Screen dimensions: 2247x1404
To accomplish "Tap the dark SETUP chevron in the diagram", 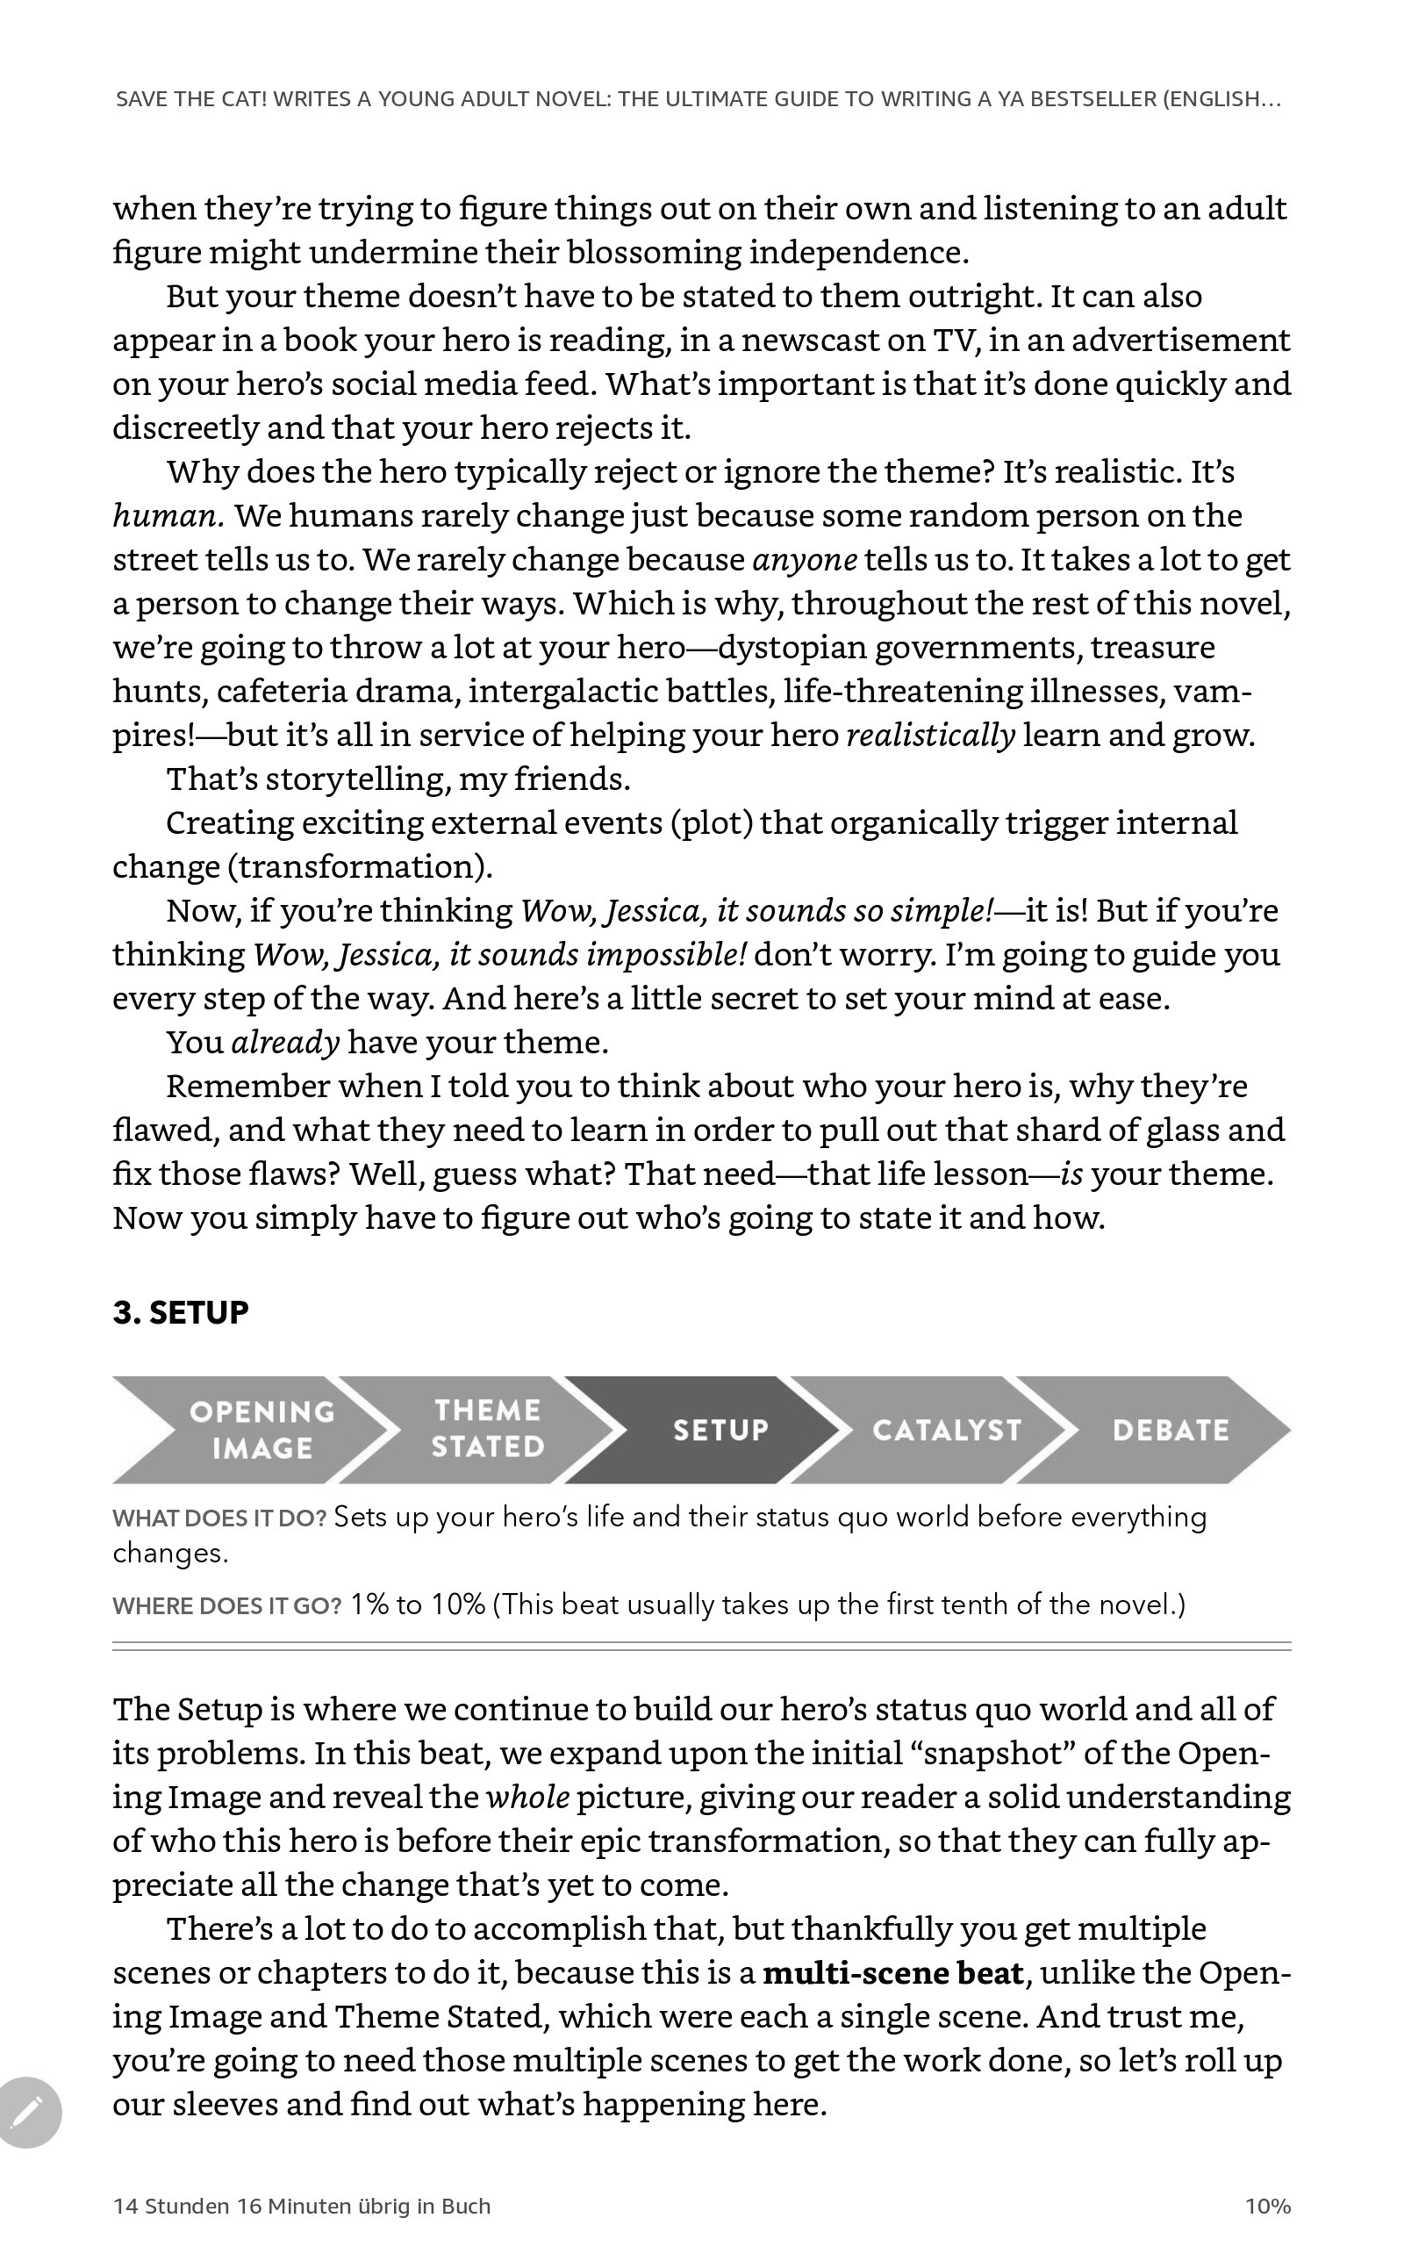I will [720, 1430].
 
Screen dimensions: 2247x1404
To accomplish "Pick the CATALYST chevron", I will [945, 1430].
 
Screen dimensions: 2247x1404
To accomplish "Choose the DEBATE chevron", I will [1170, 1430].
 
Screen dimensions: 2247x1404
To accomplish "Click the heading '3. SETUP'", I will [181, 1313].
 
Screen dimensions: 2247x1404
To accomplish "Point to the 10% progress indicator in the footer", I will [1267, 2206].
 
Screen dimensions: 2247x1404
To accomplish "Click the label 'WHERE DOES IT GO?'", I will [226, 1606].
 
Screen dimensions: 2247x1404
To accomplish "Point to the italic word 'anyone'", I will [804, 560].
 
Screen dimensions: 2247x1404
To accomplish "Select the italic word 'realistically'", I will [930, 736].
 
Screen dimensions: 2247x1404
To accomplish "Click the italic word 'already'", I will [285, 1043].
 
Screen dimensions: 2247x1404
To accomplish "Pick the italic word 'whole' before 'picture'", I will [527, 1798].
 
